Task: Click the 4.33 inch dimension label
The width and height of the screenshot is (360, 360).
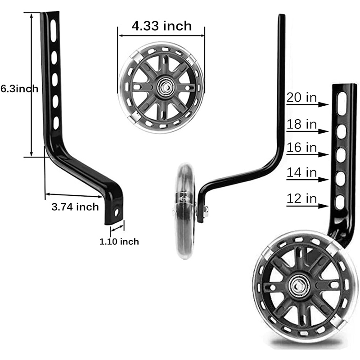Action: pyautogui.click(x=162, y=26)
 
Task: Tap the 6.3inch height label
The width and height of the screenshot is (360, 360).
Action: pyautogui.click(x=19, y=89)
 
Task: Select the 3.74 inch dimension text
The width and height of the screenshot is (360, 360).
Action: pyautogui.click(x=75, y=207)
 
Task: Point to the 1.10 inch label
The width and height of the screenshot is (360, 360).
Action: pyautogui.click(x=119, y=242)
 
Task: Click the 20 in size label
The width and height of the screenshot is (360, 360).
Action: pyautogui.click(x=301, y=97)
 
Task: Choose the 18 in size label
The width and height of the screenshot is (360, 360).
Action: pyautogui.click(x=301, y=124)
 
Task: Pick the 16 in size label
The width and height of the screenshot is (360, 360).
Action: pyautogui.click(x=301, y=148)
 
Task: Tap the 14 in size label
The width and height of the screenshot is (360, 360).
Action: pyautogui.click(x=301, y=172)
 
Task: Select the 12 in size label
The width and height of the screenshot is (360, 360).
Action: pyautogui.click(x=301, y=198)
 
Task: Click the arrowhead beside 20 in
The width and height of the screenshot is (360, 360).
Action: pyautogui.click(x=324, y=104)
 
